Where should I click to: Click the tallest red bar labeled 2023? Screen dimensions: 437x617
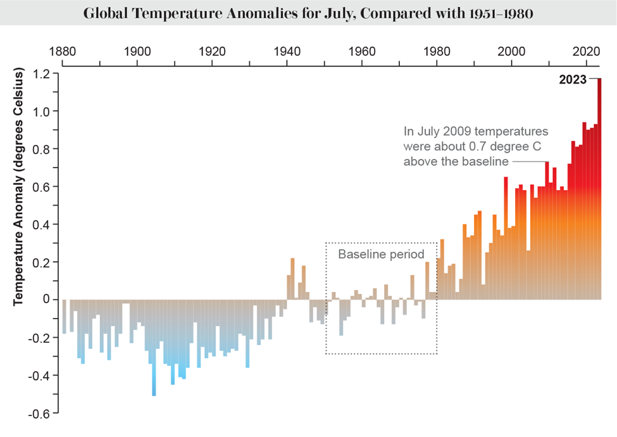tap(599, 190)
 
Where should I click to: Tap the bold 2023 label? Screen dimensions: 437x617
tap(573, 80)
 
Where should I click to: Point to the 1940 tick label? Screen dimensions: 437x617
tap(287, 51)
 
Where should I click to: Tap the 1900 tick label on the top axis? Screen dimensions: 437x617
tap(137, 51)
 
